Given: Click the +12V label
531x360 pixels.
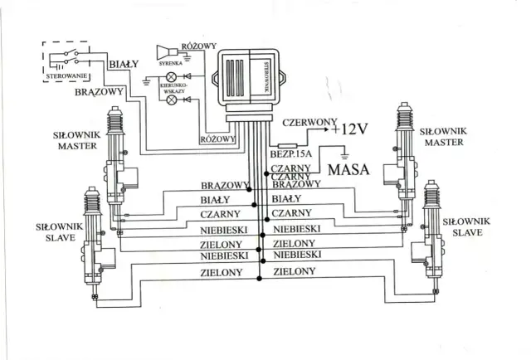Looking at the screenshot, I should [348, 129].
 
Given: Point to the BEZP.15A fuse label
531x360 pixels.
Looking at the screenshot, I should [290, 154].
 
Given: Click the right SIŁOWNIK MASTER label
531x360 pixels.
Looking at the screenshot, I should [444, 136].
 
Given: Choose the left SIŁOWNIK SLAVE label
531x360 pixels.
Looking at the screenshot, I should [58, 231].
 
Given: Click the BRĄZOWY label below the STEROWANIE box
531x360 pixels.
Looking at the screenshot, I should [99, 91].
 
